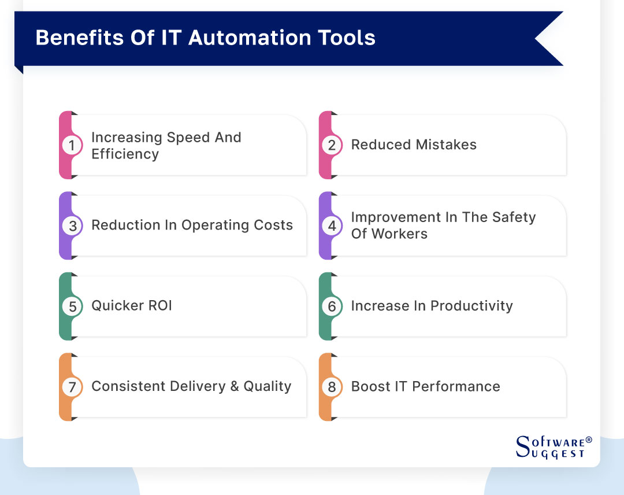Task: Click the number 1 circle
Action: [x=72, y=146]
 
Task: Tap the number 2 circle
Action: [x=332, y=146]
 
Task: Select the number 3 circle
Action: [x=72, y=226]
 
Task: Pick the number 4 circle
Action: [x=332, y=226]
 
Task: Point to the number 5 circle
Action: [x=72, y=306]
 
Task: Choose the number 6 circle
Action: [x=332, y=306]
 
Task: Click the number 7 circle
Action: [x=72, y=387]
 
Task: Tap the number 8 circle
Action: [x=332, y=387]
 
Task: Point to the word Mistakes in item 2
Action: [x=445, y=145]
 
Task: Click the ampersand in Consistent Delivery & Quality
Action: [x=235, y=386]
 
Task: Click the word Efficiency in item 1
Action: [x=125, y=154]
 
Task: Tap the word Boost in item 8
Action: [x=370, y=386]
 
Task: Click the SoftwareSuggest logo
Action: [x=552, y=447]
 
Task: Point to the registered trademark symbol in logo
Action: [x=589, y=441]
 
